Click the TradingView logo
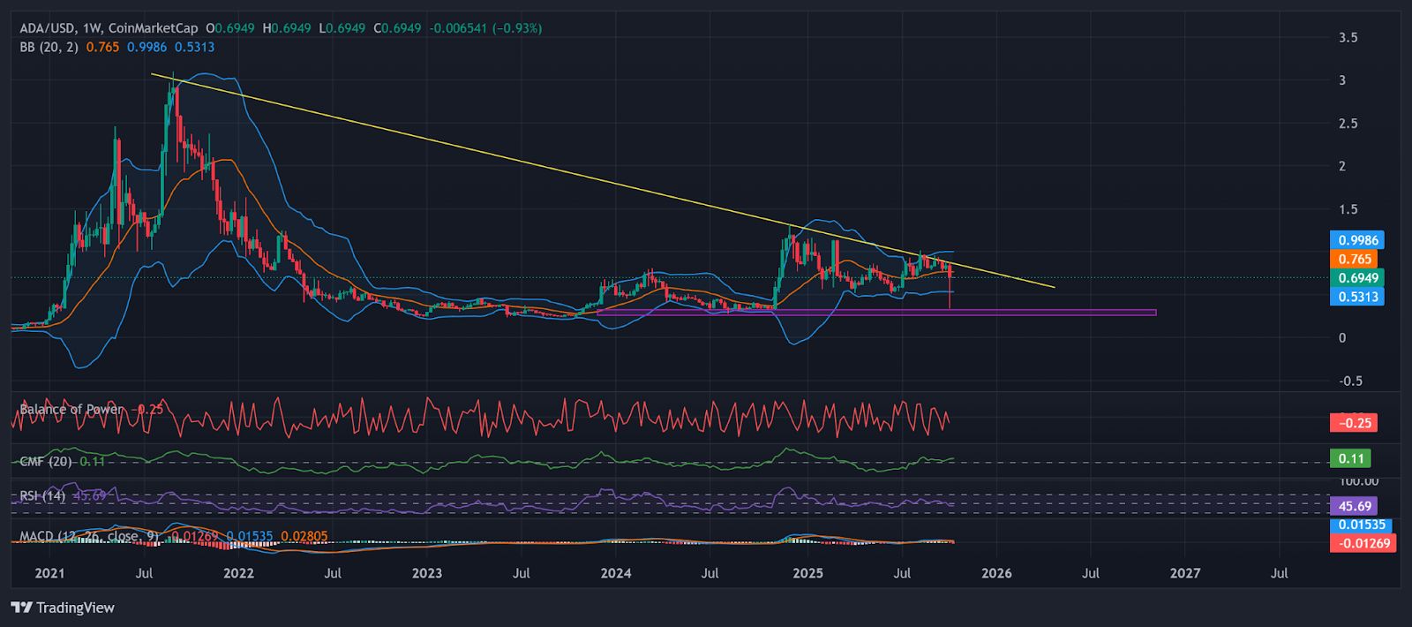pyautogui.click(x=63, y=608)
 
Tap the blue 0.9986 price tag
pyautogui.click(x=1356, y=240)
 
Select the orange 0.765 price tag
pyautogui.click(x=1355, y=259)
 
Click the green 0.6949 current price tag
pyautogui.click(x=1356, y=278)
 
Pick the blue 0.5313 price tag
pyautogui.click(x=1356, y=297)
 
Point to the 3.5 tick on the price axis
pyautogui.click(x=1348, y=38)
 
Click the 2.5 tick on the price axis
pyautogui.click(x=1348, y=124)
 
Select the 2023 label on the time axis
pyautogui.click(x=427, y=573)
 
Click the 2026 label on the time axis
pyautogui.click(x=996, y=573)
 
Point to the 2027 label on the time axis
pyautogui.click(x=1185, y=573)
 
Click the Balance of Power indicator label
pyautogui.click(x=71, y=409)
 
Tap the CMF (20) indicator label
pyautogui.click(x=47, y=461)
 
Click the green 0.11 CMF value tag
pyautogui.click(x=1351, y=458)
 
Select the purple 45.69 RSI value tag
pyautogui.click(x=1355, y=506)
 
